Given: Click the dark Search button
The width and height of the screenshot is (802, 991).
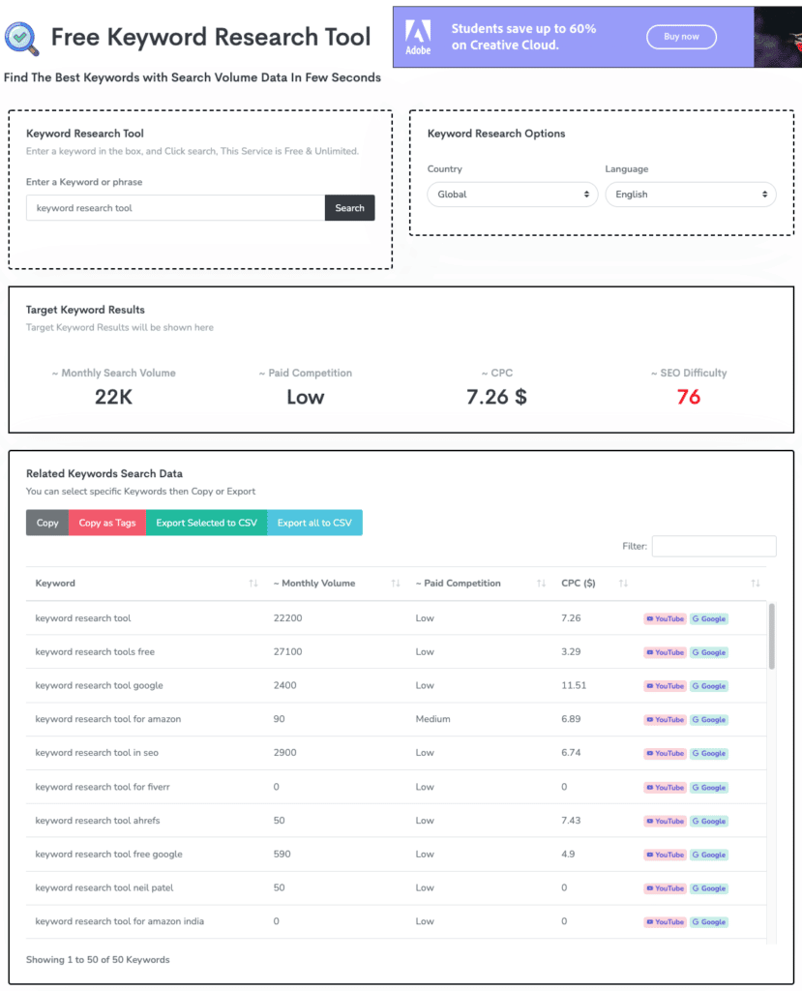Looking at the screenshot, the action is (349, 208).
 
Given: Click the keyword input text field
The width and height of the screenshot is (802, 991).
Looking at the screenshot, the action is (176, 208).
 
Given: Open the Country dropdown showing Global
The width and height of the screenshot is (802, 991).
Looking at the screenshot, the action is (513, 195).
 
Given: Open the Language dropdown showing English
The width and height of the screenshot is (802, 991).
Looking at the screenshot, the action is (691, 195).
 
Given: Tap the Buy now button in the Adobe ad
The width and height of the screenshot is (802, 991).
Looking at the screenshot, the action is (681, 37).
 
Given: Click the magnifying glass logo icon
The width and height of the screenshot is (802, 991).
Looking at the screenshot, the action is (22, 39).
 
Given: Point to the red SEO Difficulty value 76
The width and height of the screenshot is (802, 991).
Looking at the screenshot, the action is (688, 397).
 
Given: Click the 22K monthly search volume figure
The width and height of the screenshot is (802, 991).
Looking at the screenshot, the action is (114, 397).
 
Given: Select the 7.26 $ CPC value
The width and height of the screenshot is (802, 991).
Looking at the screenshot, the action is (496, 397).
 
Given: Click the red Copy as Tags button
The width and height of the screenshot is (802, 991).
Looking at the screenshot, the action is (107, 523).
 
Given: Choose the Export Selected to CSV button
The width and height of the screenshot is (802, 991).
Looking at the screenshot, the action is (207, 523).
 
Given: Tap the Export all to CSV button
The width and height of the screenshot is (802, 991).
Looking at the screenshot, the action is (314, 523).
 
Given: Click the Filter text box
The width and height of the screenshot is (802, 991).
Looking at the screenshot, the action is (714, 546).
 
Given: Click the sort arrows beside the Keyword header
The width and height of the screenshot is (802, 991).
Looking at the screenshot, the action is (253, 584).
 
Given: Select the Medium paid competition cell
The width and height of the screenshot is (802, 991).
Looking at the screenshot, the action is (432, 719).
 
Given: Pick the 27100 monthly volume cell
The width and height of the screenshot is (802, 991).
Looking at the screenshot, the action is (287, 651).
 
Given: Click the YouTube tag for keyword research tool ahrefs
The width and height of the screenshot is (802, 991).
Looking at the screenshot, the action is (665, 821).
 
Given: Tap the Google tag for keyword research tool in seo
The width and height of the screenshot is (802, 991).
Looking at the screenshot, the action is (708, 753).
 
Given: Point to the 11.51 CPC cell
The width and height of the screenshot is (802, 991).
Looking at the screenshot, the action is (574, 686).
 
